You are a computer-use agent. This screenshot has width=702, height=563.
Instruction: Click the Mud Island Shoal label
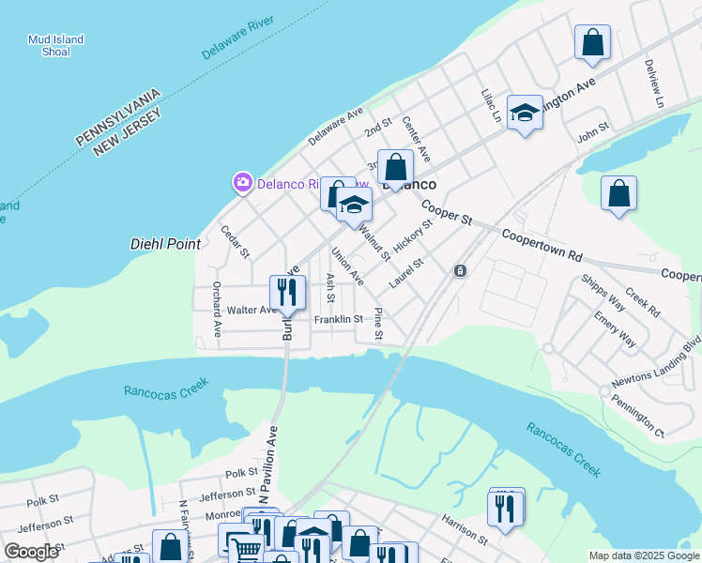(55, 46)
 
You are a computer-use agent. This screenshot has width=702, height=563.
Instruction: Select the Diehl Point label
(165, 244)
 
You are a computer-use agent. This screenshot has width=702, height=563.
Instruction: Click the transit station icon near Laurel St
(460, 271)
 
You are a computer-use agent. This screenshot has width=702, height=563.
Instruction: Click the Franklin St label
(338, 320)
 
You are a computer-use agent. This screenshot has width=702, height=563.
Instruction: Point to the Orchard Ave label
(217, 309)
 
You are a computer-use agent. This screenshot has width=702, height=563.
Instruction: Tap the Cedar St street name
(235, 241)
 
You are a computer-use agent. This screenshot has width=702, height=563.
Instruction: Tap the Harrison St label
(464, 529)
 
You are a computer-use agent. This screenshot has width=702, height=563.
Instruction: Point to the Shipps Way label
(603, 292)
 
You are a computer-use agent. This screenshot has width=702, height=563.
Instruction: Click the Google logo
(32, 552)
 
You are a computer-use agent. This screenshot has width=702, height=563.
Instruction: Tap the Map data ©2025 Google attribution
(643, 555)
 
